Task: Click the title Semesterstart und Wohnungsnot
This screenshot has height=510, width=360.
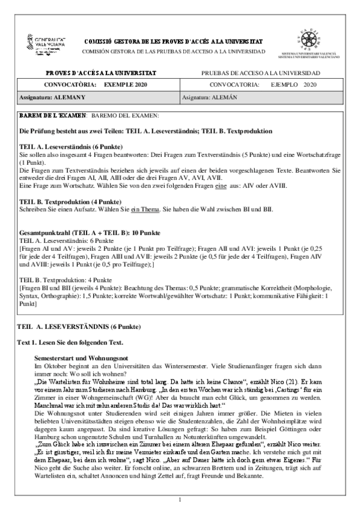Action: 79,357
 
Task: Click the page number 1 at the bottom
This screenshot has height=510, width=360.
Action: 180,499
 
